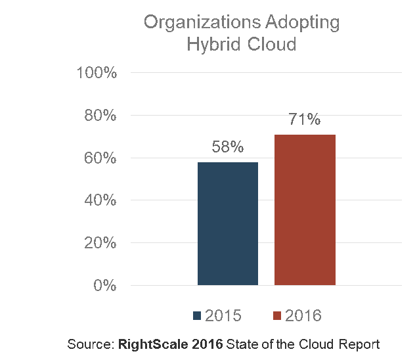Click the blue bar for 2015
pos(227,223)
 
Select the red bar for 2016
pos(305,210)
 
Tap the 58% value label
pos(227,148)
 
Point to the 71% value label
pos(305,120)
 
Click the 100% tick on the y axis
pos(97,73)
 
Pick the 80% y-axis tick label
pos(100,116)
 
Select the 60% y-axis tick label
pos(100,158)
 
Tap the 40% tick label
pos(100,200)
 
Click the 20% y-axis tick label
pos(100,243)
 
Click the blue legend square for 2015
pos(196,316)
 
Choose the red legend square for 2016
pos(276,316)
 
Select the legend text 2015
pos(223,316)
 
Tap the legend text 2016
pos(303,316)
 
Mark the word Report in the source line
pos(361,344)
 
